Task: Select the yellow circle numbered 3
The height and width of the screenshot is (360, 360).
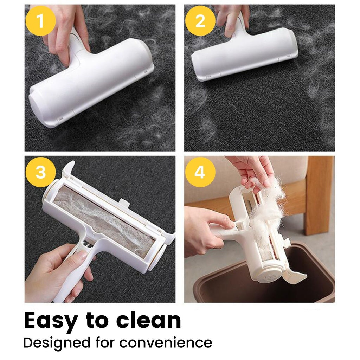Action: point(41,173)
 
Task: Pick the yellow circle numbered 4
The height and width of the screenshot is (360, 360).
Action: point(200,173)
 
